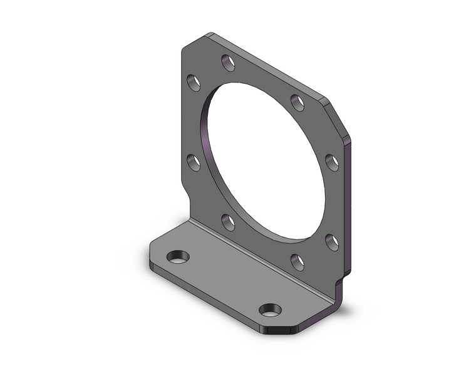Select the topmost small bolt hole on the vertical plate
(x=228, y=63)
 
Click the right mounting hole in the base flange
(x=270, y=309)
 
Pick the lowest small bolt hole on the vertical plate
(x=297, y=262)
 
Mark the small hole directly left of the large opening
(x=194, y=163)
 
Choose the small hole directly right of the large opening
(x=332, y=163)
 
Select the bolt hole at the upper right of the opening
(x=297, y=101)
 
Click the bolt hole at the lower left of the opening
(x=228, y=221)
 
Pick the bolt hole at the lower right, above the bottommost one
(x=331, y=242)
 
